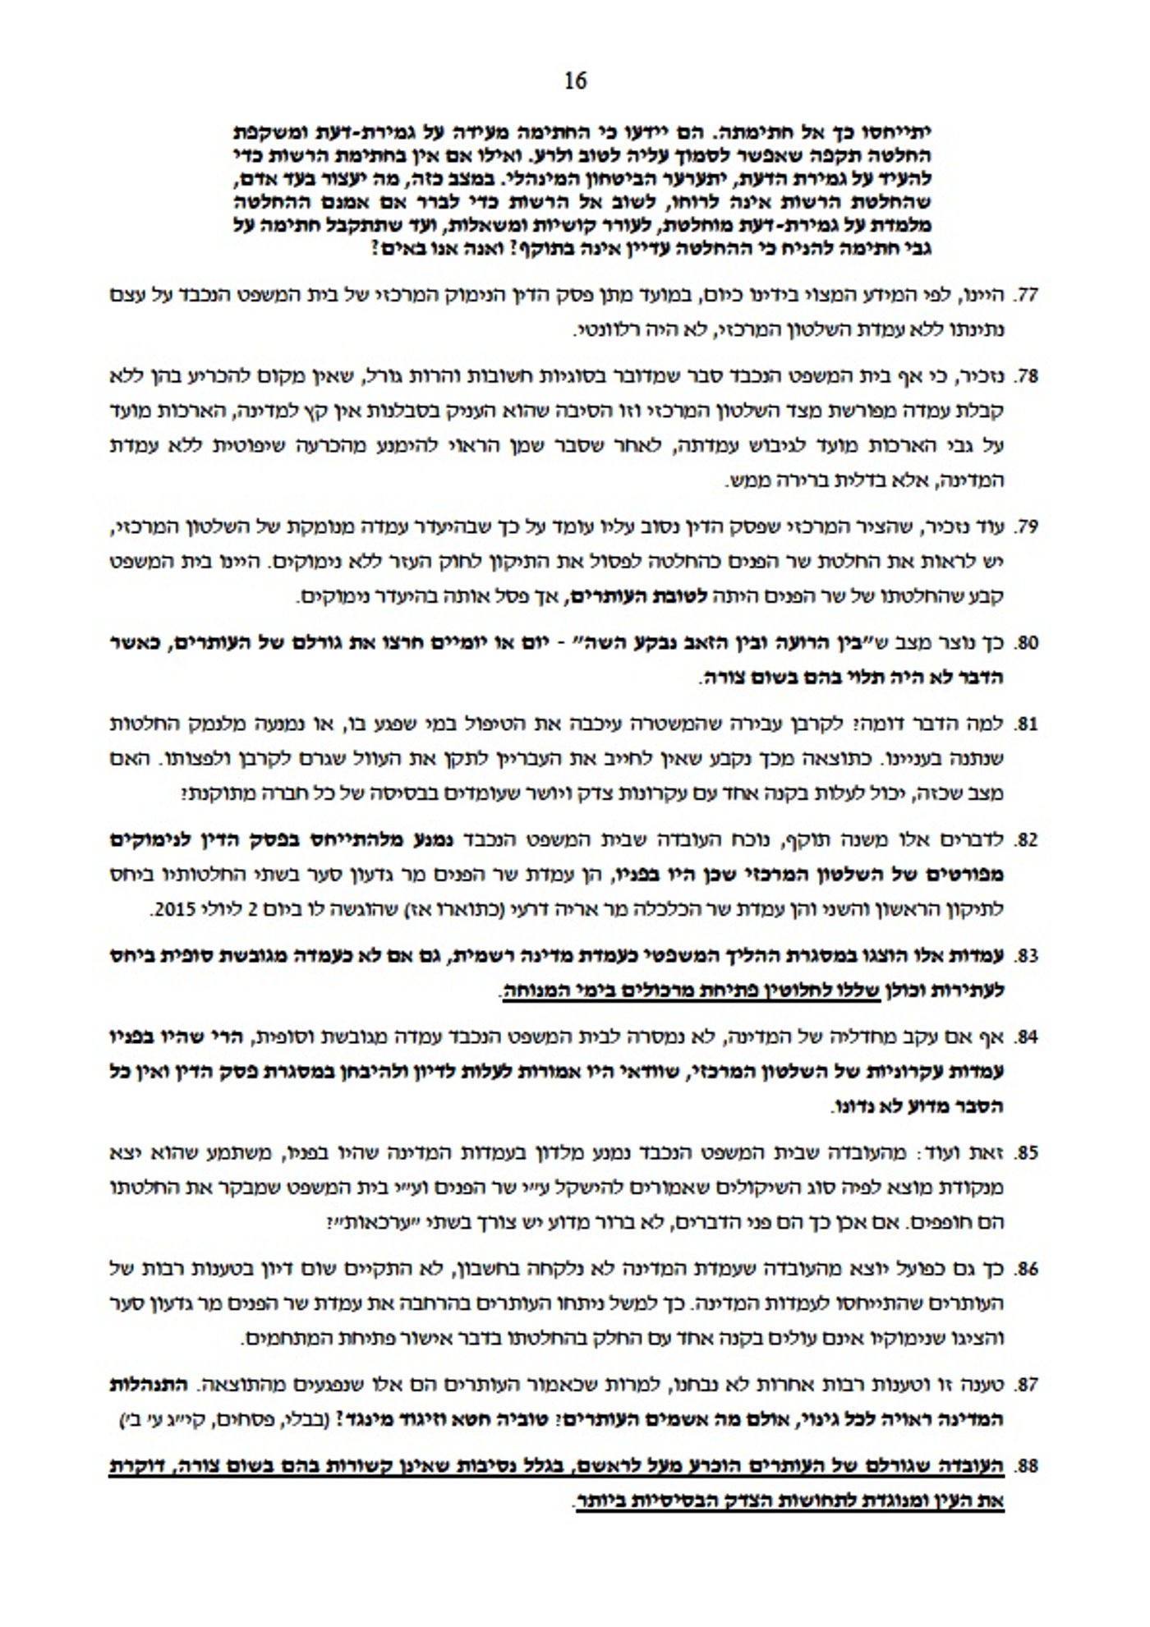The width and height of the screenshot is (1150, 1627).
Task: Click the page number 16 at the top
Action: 576,80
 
